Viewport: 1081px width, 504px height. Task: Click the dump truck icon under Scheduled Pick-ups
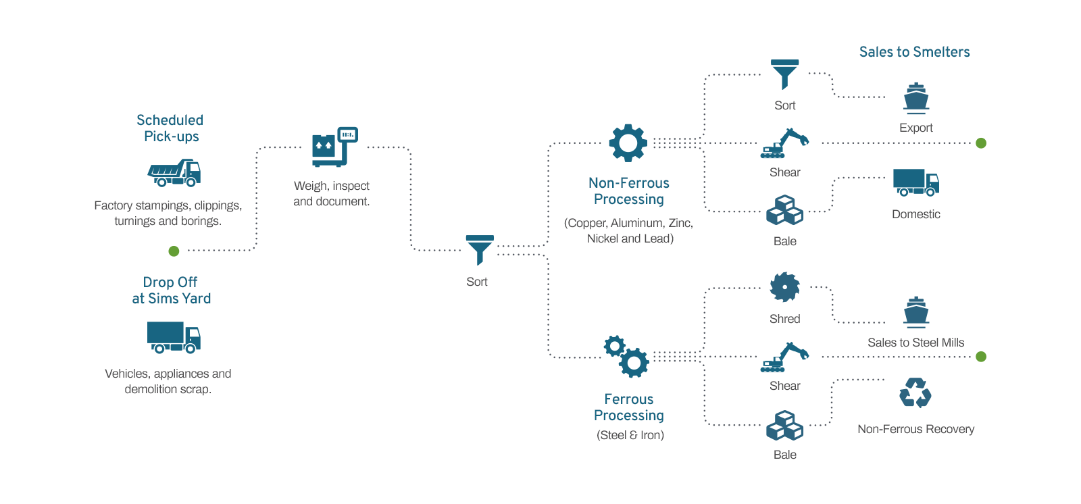pyautogui.click(x=174, y=173)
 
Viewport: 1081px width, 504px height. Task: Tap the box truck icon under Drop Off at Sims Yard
pyautogui.click(x=174, y=336)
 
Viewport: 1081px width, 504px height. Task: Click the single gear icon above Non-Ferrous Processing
pyautogui.click(x=628, y=143)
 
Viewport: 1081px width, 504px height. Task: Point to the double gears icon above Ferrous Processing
pyautogui.click(x=626, y=356)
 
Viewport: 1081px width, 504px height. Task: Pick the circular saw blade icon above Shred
pyautogui.click(x=784, y=287)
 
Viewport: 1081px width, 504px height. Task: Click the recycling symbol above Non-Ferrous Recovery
pyautogui.click(x=915, y=393)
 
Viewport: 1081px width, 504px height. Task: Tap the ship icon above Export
pyautogui.click(x=916, y=98)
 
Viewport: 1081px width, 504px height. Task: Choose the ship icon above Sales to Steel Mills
pyautogui.click(x=916, y=312)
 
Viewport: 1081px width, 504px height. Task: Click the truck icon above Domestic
pyautogui.click(x=915, y=182)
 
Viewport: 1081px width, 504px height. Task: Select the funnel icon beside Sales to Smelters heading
pyautogui.click(x=784, y=74)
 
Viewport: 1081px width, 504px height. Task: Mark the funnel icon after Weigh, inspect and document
pyautogui.click(x=480, y=249)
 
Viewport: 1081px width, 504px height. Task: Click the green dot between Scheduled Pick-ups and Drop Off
pyautogui.click(x=174, y=251)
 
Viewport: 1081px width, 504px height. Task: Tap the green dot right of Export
pyautogui.click(x=981, y=143)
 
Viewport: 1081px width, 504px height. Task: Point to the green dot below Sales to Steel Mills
pyautogui.click(x=981, y=357)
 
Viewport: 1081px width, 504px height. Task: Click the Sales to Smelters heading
pyautogui.click(x=914, y=52)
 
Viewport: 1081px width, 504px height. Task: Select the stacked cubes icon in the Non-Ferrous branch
pyautogui.click(x=784, y=210)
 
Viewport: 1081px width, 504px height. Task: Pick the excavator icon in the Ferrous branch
pyautogui.click(x=784, y=357)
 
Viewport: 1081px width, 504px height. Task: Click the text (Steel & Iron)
pyautogui.click(x=630, y=435)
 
